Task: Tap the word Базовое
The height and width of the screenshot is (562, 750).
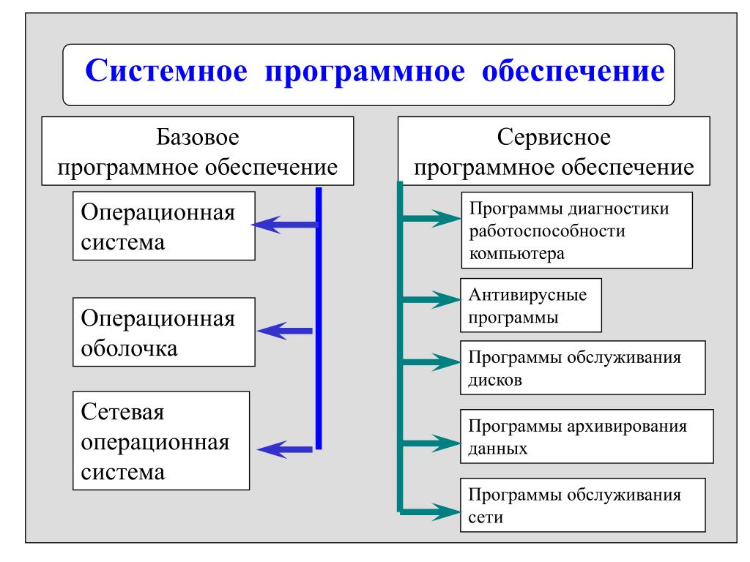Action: [x=198, y=138]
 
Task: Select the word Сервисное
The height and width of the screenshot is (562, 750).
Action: [x=554, y=138]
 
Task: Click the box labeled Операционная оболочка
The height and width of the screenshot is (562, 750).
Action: [x=165, y=332]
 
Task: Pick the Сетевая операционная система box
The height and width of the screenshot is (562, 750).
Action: [x=161, y=441]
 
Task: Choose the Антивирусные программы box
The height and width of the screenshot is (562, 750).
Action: [x=531, y=306]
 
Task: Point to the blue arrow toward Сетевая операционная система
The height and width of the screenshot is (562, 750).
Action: [x=286, y=449]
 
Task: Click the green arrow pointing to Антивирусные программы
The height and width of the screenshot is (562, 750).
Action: [x=432, y=299]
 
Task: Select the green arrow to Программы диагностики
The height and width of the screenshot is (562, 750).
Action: [x=432, y=217]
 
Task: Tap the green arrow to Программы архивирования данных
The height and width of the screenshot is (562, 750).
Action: [x=432, y=442]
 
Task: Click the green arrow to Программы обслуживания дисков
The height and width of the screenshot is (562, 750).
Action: [x=432, y=361]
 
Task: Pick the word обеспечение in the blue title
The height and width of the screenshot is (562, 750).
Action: [x=573, y=74]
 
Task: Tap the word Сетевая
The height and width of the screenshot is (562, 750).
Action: [x=123, y=413]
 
